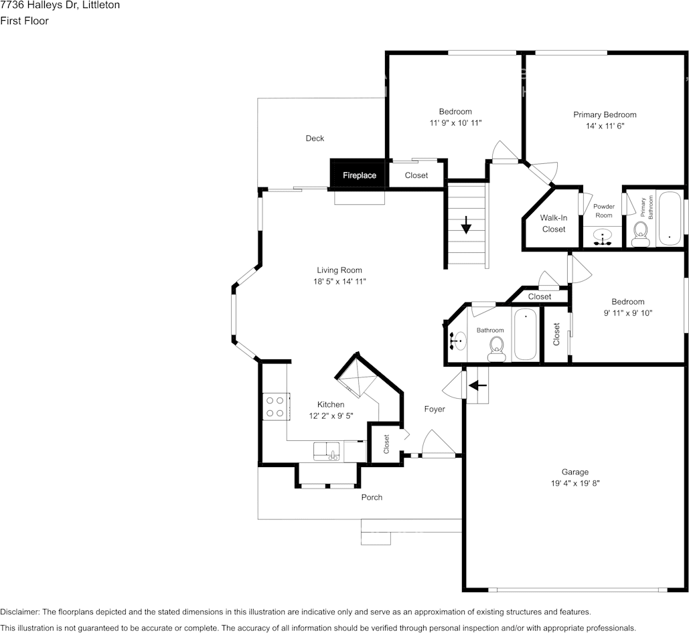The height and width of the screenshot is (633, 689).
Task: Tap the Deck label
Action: (315, 139)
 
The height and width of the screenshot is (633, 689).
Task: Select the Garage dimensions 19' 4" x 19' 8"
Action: (575, 483)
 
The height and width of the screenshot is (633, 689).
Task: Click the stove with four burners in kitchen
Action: (275, 406)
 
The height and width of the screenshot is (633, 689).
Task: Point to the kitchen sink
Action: (327, 450)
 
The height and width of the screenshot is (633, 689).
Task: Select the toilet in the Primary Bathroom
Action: (640, 232)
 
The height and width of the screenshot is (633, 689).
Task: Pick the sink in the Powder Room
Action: (604, 238)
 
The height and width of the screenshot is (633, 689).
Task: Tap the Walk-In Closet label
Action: (554, 223)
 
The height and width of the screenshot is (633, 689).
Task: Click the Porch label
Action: (372, 497)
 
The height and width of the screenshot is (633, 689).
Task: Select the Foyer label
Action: (435, 409)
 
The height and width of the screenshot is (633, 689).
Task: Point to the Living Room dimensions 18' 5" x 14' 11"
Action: (341, 282)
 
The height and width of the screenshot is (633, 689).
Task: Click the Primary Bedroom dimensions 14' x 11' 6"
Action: (605, 126)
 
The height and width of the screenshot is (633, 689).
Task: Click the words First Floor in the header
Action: (24, 21)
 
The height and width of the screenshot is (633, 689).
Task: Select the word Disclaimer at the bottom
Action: (19, 612)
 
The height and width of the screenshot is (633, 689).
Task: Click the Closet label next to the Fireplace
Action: (416, 175)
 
